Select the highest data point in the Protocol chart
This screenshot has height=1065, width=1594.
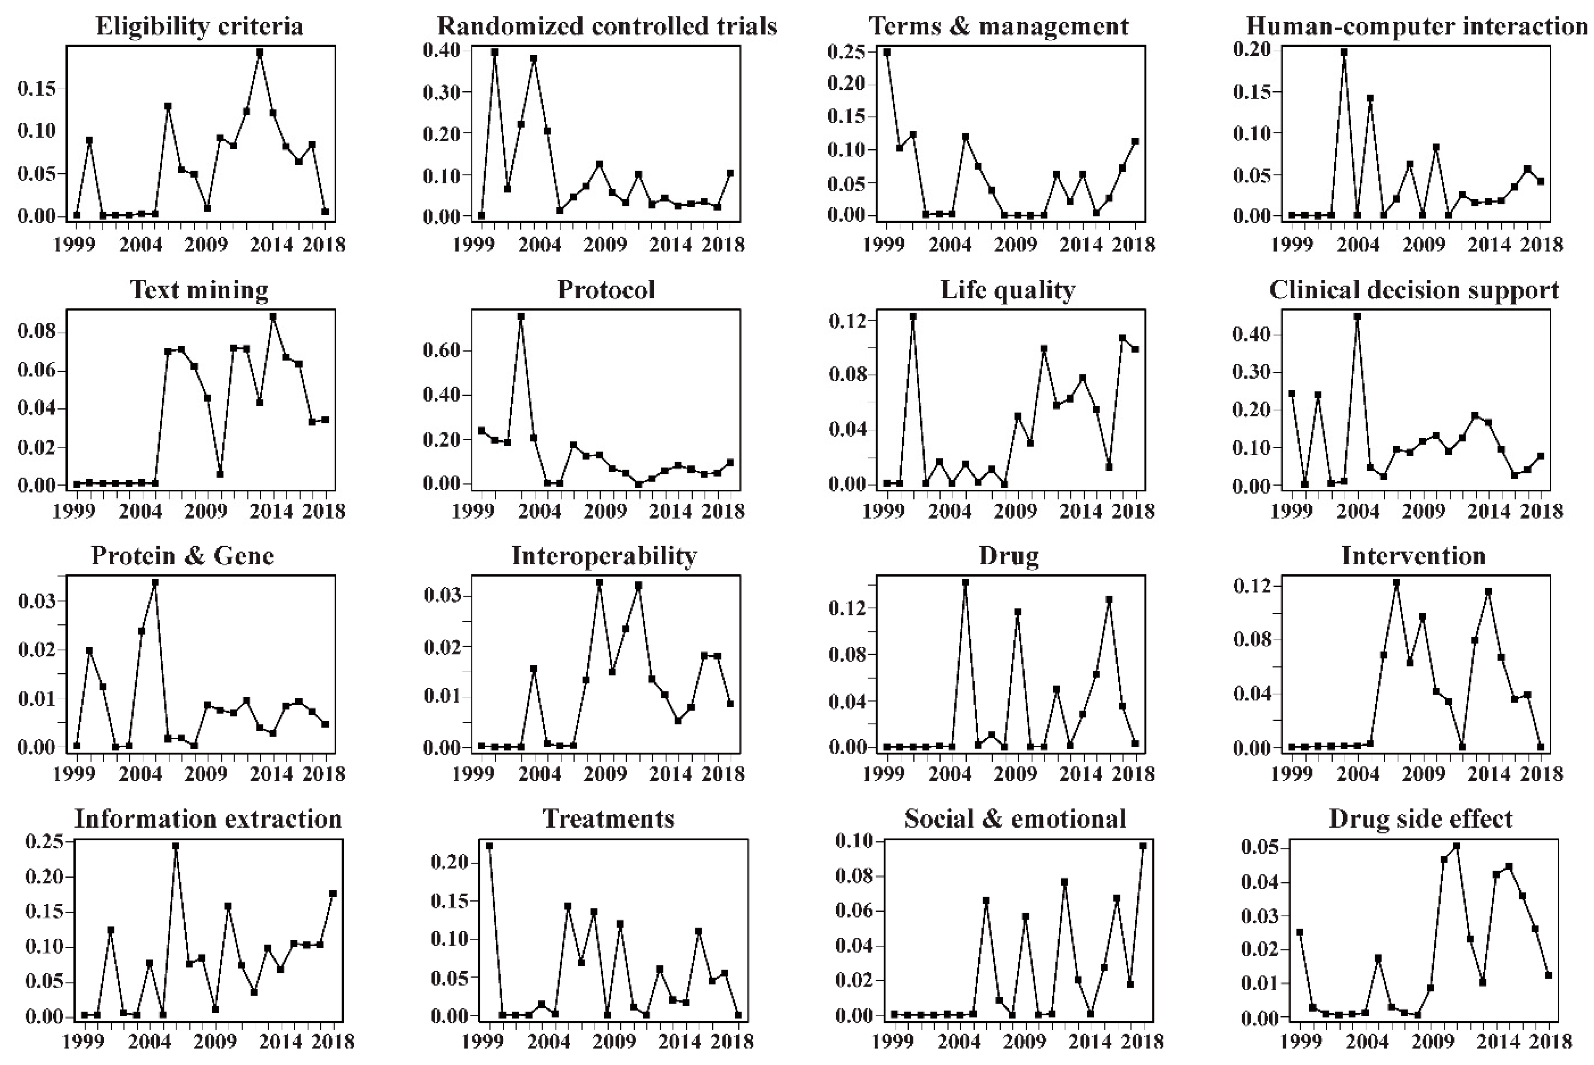(x=521, y=317)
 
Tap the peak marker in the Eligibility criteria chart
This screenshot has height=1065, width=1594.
(x=259, y=52)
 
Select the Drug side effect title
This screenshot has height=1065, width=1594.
(x=1420, y=819)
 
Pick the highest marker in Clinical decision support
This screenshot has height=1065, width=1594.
(x=1357, y=317)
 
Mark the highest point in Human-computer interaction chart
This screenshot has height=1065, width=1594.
(x=1343, y=52)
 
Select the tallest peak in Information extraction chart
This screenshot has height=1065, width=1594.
(x=175, y=846)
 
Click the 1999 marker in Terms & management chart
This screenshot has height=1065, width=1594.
(x=887, y=52)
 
